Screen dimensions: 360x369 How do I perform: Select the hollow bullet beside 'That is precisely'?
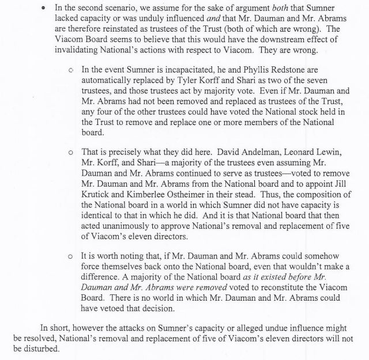pos(70,152)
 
